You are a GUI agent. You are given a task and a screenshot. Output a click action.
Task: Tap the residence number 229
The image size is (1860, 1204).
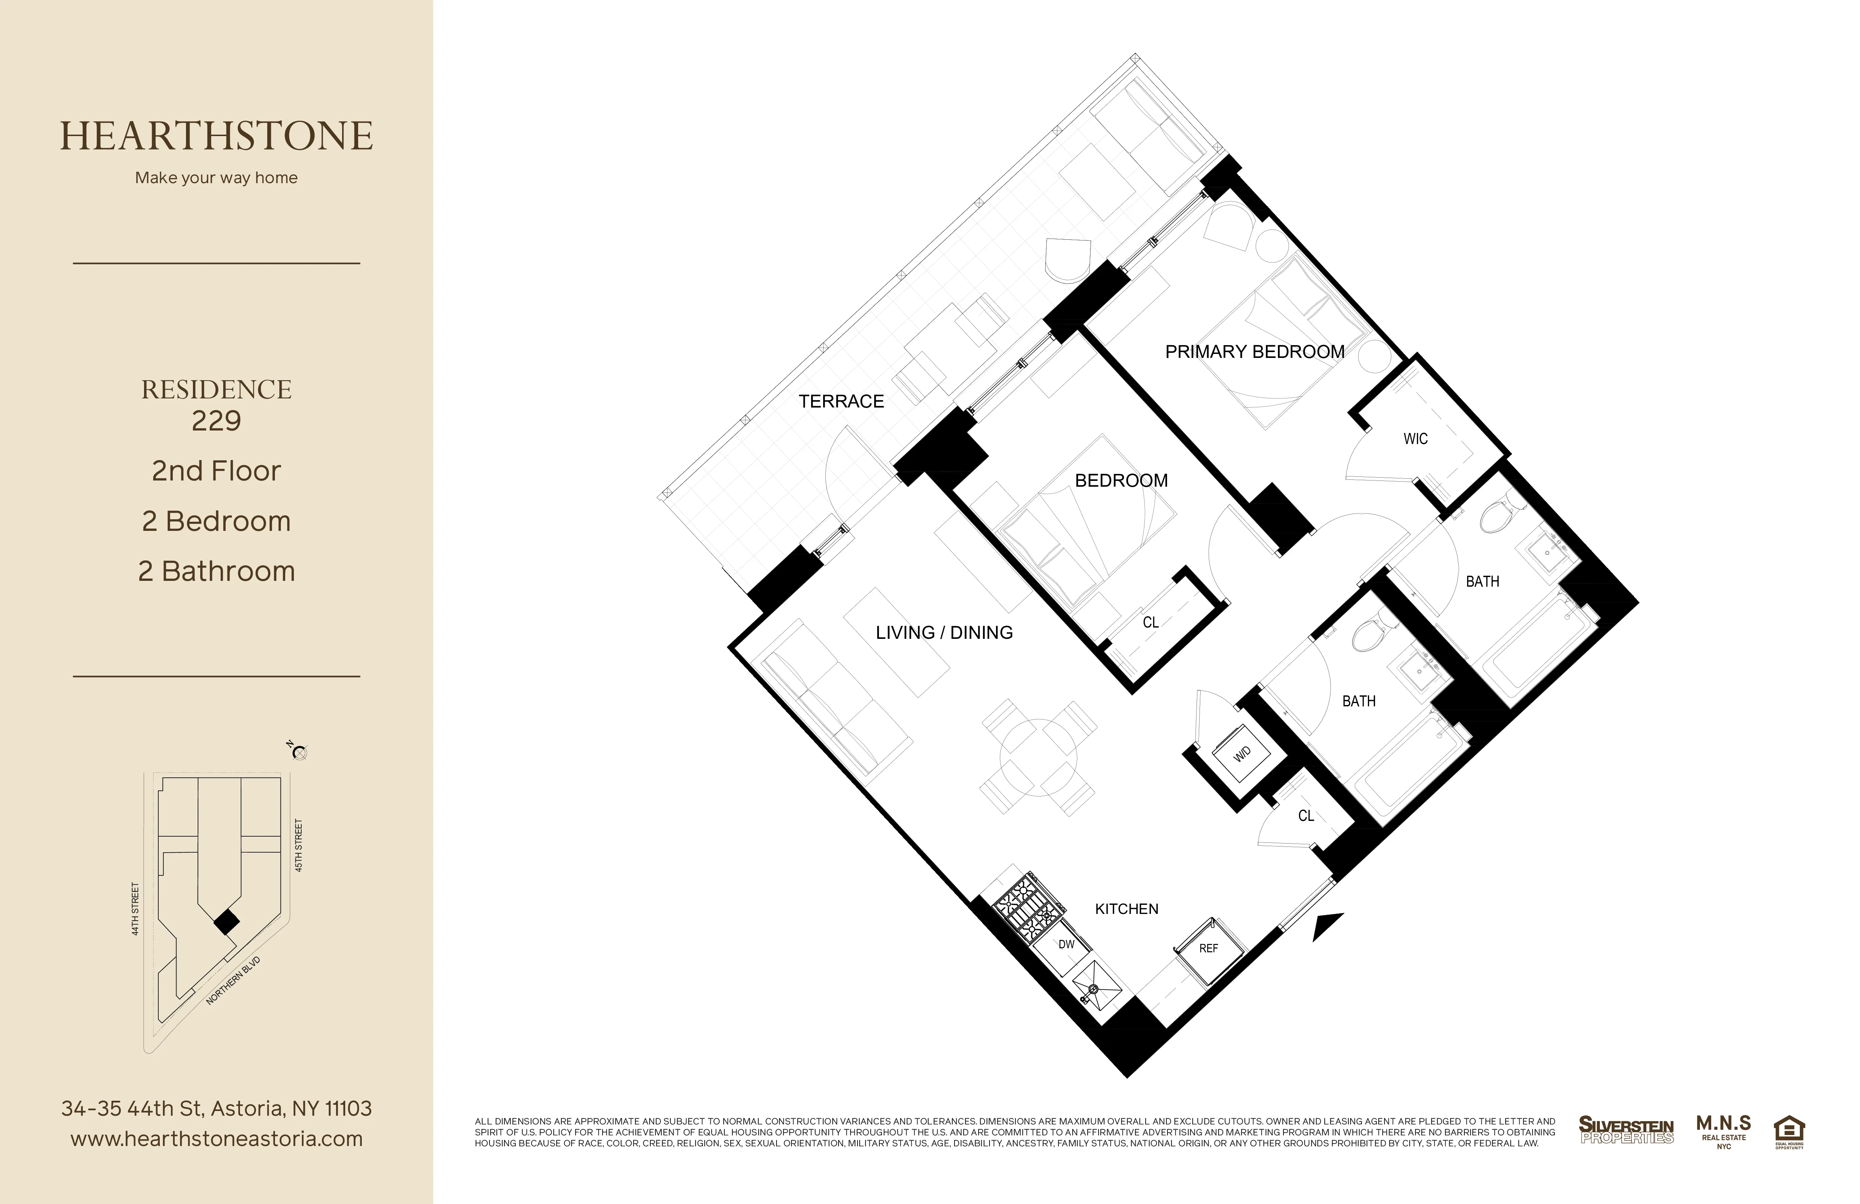(217, 421)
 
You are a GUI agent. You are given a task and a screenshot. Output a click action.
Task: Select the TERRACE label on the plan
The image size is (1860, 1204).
(841, 401)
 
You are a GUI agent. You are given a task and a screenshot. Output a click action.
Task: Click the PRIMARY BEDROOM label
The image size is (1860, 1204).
(1254, 352)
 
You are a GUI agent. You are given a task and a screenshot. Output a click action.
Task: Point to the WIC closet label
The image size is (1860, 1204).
(1415, 439)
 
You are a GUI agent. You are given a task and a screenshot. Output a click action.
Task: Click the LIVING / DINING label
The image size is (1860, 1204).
(944, 633)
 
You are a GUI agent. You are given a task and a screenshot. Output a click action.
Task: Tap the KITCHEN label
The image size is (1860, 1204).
(1126, 908)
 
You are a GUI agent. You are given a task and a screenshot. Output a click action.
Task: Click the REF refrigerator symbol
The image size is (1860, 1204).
(1208, 948)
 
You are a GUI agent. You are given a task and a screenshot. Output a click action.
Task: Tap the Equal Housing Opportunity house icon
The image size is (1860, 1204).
(1789, 1131)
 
